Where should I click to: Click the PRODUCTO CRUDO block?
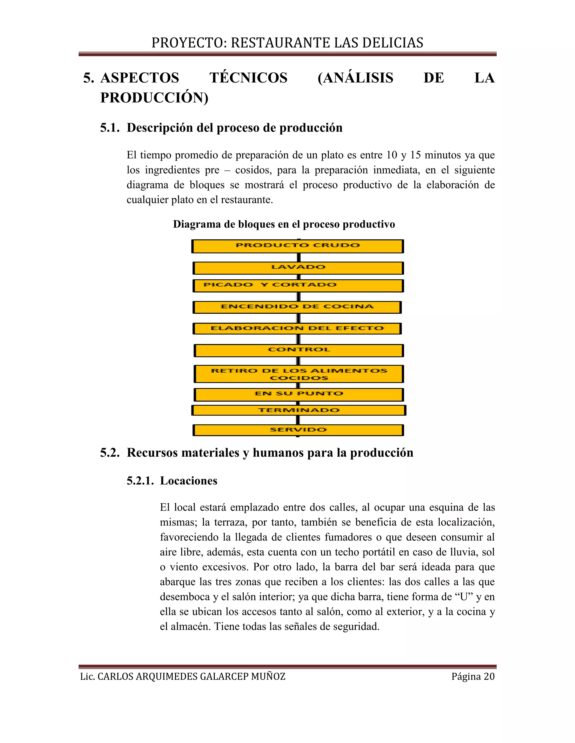[x=298, y=246]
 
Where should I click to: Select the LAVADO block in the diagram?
[x=298, y=268]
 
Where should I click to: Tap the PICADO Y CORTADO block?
[x=298, y=285]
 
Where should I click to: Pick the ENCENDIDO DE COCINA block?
[x=297, y=307]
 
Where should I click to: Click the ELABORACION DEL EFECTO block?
[x=297, y=329]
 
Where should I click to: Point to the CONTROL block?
[x=299, y=350]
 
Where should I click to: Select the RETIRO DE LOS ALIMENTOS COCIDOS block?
[x=299, y=374]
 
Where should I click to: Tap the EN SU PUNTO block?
[x=299, y=394]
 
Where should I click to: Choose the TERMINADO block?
[x=299, y=410]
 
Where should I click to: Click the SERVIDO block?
[x=298, y=430]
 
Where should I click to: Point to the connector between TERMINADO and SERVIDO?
[x=298, y=420]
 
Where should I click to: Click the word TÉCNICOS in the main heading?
[x=248, y=78]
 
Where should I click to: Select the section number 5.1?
[x=110, y=128]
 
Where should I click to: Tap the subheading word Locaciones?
[x=189, y=481]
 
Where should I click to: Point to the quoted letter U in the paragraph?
[x=464, y=597]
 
